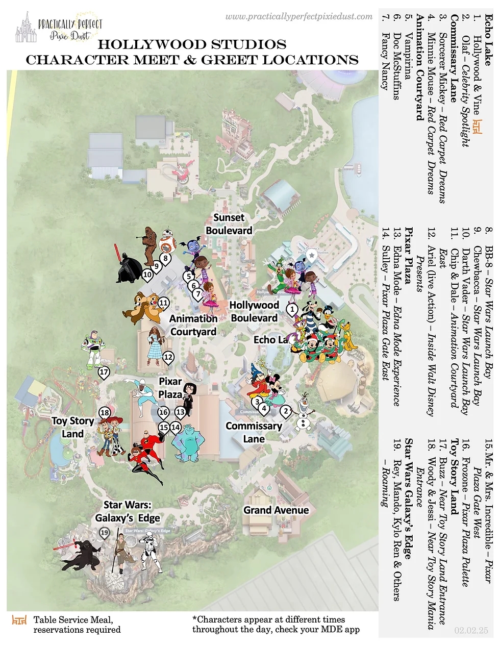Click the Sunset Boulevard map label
point(229,224)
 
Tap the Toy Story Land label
point(73,428)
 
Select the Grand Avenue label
point(276,510)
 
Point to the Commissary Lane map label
point(254,432)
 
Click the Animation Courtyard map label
point(193,325)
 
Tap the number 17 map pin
point(104,372)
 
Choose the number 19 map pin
point(105,533)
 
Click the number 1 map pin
point(292,309)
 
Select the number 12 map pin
point(168,357)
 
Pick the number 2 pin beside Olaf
point(286,411)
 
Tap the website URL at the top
point(299,16)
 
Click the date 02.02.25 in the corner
point(471,631)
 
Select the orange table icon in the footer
point(19,620)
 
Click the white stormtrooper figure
point(151,552)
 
